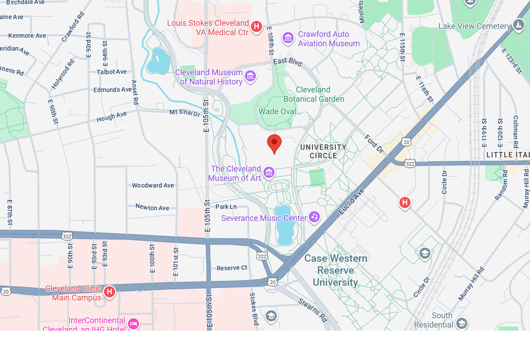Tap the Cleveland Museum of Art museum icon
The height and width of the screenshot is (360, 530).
coord(269,172)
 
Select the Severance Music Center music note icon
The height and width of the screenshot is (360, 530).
coord(314,217)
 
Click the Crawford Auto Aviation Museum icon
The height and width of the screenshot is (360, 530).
coord(288,38)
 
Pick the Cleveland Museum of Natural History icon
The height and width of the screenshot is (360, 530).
coord(250,76)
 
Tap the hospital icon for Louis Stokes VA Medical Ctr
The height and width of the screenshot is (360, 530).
coord(256,27)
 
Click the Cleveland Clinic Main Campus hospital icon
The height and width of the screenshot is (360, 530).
coord(109,292)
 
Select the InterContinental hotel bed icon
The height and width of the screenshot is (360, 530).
coord(133,324)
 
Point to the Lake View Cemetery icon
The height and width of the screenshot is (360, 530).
coord(518,25)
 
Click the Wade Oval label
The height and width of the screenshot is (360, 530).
coord(277,112)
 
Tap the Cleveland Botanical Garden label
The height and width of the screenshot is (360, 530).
coord(314,94)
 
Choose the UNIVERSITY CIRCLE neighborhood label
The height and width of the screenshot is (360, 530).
coord(323,151)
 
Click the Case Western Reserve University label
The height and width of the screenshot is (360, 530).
coord(335,270)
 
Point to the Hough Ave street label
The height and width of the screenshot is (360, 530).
coord(112,116)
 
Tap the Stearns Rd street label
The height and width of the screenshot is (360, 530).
coord(313,310)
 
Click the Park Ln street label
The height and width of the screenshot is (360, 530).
coord(226,207)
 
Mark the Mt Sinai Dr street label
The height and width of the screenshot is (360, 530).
coord(185,112)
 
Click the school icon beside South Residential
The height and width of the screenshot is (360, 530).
coord(462,323)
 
